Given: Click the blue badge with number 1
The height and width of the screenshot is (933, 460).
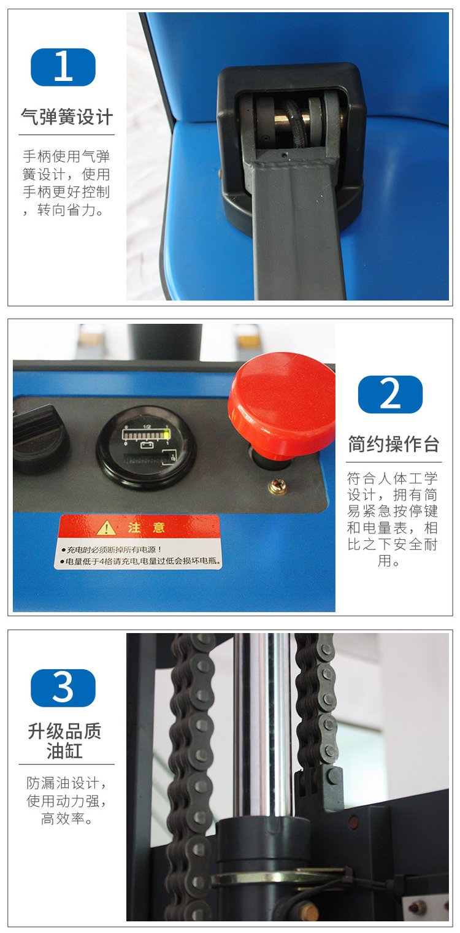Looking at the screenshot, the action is [63, 67].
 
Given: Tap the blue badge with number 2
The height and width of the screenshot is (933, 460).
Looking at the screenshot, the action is [390, 394].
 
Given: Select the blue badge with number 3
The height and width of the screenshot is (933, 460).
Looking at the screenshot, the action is [63, 688].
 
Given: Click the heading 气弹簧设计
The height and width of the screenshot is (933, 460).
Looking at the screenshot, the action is [67, 117].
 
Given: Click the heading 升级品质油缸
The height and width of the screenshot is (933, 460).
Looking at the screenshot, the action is [64, 741].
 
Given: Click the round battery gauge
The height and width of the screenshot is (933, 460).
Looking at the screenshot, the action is [145, 447].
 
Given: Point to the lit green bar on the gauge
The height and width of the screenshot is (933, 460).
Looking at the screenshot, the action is [166, 436].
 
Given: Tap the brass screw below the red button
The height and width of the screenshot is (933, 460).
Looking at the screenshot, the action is [277, 486].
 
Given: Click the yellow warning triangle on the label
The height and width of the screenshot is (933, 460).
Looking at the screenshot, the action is [106, 528].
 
